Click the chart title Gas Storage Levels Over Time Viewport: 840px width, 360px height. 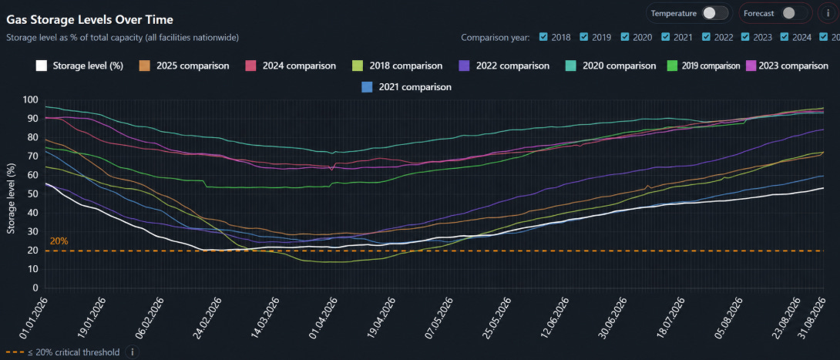tap(89, 20)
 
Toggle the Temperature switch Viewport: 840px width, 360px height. tap(715, 13)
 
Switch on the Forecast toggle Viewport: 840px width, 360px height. tap(794, 13)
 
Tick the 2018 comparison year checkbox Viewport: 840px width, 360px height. tap(543, 37)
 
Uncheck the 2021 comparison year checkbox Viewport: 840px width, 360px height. tap(666, 37)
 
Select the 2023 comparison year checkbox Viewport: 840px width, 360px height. tap(746, 37)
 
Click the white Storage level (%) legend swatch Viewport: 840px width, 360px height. tap(42, 66)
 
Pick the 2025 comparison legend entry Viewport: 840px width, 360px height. tap(184, 66)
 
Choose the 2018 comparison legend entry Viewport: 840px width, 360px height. tap(398, 66)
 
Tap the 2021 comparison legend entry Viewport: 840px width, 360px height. tap(407, 86)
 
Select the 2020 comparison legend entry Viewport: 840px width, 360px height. tap(611, 66)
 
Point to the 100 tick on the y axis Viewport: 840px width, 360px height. tap(31, 100)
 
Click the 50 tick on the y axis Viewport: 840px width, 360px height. tap(33, 194)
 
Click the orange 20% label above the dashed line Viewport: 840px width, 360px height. tap(59, 241)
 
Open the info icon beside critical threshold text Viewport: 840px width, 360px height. tap(132, 352)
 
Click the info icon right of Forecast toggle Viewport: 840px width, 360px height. tap(828, 13)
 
